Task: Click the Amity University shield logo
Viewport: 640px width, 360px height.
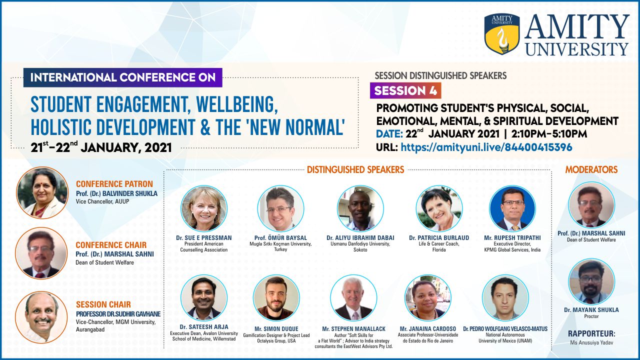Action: click(502, 33)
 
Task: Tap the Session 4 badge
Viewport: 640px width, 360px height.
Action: click(405, 90)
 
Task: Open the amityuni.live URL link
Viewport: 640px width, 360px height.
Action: click(486, 147)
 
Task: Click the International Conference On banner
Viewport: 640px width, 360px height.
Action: click(123, 77)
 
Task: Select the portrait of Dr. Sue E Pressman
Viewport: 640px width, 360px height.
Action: click(204, 208)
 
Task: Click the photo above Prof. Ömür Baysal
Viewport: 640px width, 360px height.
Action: click(280, 208)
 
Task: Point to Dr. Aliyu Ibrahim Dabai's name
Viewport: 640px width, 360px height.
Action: click(360, 237)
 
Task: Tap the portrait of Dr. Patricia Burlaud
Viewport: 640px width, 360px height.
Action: click(439, 208)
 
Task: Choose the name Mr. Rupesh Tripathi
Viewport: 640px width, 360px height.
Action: click(512, 237)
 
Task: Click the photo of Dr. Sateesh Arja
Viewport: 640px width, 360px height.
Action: click(204, 297)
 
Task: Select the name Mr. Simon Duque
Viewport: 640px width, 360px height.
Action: click(276, 329)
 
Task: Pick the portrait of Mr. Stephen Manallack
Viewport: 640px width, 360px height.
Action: click(353, 297)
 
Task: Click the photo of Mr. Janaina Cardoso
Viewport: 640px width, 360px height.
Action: click(428, 297)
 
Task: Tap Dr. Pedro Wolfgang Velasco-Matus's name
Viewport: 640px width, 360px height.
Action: click(505, 329)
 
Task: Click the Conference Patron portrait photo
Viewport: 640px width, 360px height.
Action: click(42, 193)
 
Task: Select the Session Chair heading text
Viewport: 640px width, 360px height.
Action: click(103, 304)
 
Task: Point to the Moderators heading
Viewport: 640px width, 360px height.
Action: click(591, 169)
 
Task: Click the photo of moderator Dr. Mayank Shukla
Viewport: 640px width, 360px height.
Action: click(591, 281)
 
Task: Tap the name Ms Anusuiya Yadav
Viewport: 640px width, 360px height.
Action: click(591, 342)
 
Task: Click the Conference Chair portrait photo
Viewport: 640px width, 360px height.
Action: click(41, 253)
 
